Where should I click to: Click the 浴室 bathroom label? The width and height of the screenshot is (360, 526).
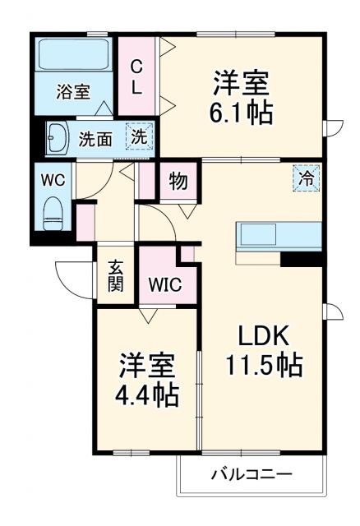pyautogui.click(x=73, y=92)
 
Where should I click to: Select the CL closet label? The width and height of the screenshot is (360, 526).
pyautogui.click(x=137, y=76)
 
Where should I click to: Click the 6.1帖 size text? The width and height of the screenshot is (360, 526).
pyautogui.click(x=242, y=113)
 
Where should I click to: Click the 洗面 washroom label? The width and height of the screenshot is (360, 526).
pyautogui.click(x=95, y=138)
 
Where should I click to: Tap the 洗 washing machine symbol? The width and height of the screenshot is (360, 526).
pyautogui.click(x=140, y=137)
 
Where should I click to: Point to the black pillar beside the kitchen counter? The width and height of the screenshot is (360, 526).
pyautogui.click(x=300, y=259)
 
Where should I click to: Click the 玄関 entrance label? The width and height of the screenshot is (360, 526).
pyautogui.click(x=116, y=278)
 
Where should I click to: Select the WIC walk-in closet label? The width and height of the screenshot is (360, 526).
pyautogui.click(x=166, y=285)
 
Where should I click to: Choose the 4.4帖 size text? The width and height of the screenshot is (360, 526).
pyautogui.click(x=147, y=395)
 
